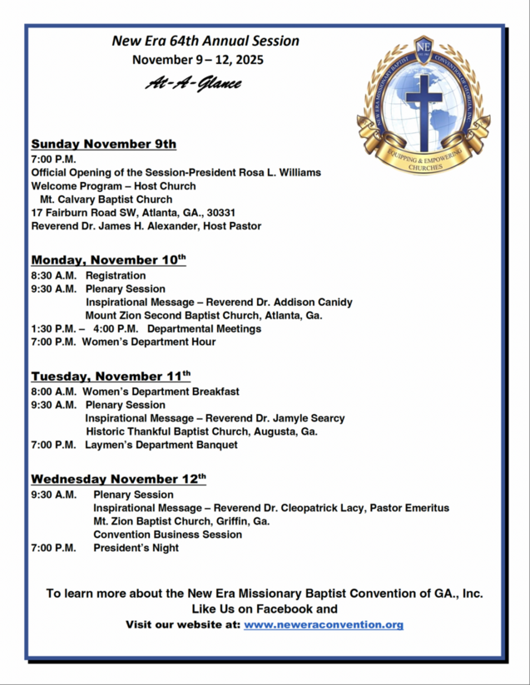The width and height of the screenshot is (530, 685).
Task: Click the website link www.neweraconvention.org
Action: click(x=323, y=624)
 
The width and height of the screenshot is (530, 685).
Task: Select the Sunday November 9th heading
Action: click(x=103, y=144)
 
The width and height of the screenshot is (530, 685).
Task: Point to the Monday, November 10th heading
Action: click(x=108, y=260)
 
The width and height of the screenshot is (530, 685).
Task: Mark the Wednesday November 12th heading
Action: click(x=118, y=480)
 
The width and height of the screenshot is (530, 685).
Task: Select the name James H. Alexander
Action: click(x=145, y=226)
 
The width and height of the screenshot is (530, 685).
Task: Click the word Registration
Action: click(x=116, y=276)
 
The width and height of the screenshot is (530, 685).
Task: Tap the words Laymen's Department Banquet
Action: click(x=161, y=446)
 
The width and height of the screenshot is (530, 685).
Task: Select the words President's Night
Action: click(x=136, y=548)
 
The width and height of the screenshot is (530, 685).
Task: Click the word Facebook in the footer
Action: click(x=283, y=609)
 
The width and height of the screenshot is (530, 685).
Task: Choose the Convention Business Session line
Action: click(x=167, y=535)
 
